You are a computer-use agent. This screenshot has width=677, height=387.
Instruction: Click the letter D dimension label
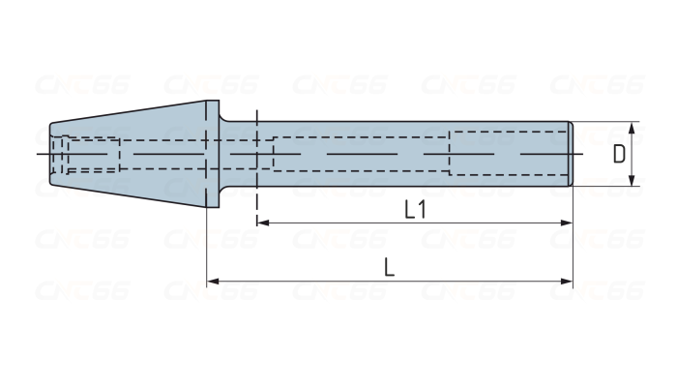pyautogui.click(x=619, y=154)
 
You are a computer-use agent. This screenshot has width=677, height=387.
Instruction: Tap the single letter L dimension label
pyautogui.click(x=389, y=268)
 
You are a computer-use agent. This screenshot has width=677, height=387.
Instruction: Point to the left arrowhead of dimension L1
pyautogui.click(x=262, y=223)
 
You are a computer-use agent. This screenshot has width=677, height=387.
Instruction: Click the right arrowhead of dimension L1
pyautogui.click(x=568, y=223)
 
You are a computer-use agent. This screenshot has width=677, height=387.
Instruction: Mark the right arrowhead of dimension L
pyautogui.click(x=568, y=283)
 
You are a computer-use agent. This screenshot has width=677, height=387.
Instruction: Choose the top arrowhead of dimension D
pyautogui.click(x=633, y=127)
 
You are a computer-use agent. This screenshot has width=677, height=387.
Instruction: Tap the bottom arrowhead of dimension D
pyautogui.click(x=633, y=181)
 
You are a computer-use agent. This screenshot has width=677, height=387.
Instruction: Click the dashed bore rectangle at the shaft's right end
pyautogui.click(x=508, y=153)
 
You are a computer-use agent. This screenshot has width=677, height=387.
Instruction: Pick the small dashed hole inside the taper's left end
pyautogui.click(x=92, y=155)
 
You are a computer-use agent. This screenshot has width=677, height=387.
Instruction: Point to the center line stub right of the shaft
pyautogui.click(x=578, y=154)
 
